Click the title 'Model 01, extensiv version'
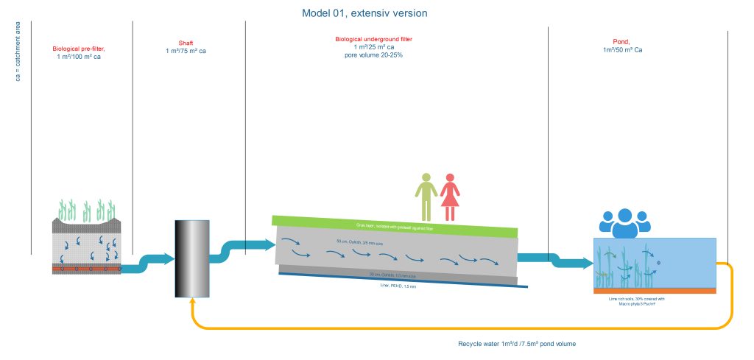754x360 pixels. pyautogui.click(x=364, y=13)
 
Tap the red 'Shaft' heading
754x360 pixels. pyautogui.click(x=186, y=43)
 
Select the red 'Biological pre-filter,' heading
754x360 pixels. pyautogui.click(x=84, y=49)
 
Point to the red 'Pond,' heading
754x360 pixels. pyautogui.click(x=621, y=42)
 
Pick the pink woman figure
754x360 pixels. pyautogui.click(x=449, y=197)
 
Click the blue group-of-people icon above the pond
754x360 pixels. pyautogui.click(x=624, y=222)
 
